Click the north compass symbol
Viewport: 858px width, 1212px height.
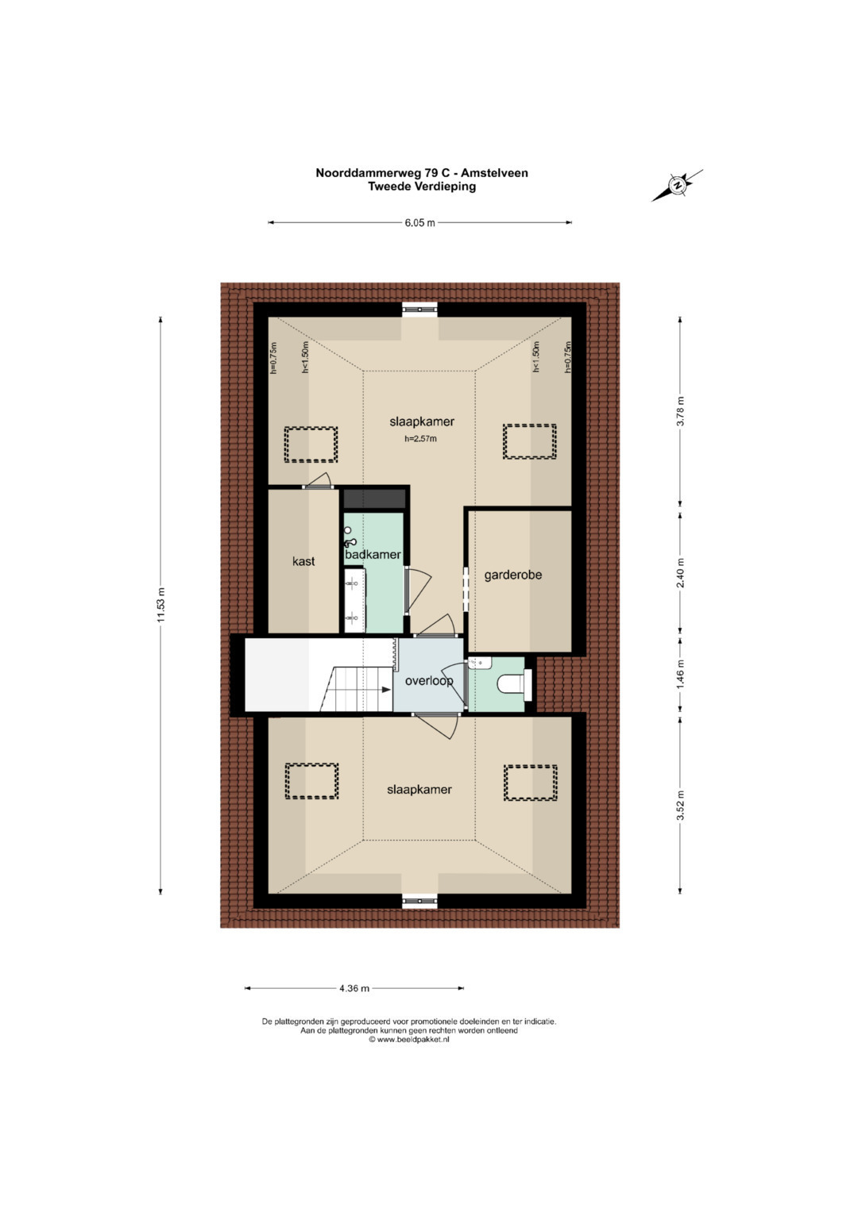[x=677, y=186]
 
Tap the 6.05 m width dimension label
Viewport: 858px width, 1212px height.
[x=419, y=223]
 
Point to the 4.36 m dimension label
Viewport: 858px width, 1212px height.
[x=354, y=988]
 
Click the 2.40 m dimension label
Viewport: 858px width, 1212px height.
[x=681, y=573]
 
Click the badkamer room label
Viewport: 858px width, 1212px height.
[x=373, y=555]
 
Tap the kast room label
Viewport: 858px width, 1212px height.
[x=303, y=562]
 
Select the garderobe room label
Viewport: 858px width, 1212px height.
[x=513, y=575]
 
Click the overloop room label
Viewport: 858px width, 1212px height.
[x=429, y=682]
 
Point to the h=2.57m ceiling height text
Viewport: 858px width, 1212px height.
[x=420, y=439]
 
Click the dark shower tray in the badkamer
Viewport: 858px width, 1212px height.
[x=375, y=499]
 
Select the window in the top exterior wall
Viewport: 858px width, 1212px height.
[x=419, y=310]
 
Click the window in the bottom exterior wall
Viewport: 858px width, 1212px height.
[x=419, y=900]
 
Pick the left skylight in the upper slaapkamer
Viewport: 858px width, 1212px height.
[x=311, y=444]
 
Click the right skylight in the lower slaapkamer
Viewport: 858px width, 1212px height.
[x=531, y=782]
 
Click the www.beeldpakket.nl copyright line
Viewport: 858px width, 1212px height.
[x=409, y=1040]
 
